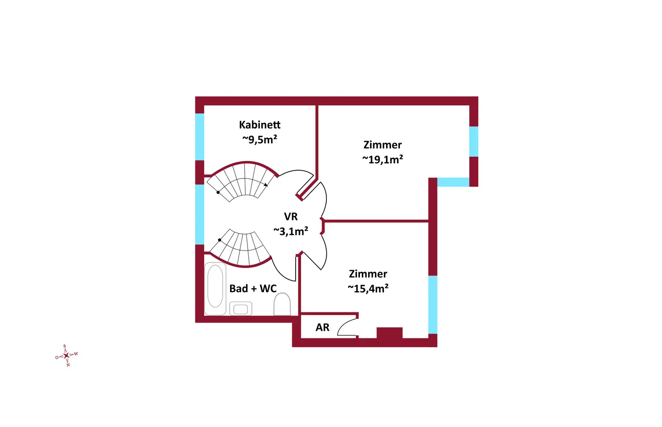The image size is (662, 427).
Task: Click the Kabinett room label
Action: pyautogui.click(x=259, y=125)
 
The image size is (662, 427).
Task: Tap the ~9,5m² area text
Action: pyautogui.click(x=259, y=139)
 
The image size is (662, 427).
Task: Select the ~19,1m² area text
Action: pyautogui.click(x=383, y=159)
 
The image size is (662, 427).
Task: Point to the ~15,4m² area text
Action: pyautogui.click(x=368, y=288)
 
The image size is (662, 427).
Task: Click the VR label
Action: pyautogui.click(x=290, y=217)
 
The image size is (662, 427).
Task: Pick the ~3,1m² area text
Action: pyautogui.click(x=290, y=231)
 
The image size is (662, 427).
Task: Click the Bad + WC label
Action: pyautogui.click(x=253, y=289)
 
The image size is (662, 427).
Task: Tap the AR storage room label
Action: pyautogui.click(x=322, y=327)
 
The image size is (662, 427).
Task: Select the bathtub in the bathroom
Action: pyautogui.click(x=215, y=289)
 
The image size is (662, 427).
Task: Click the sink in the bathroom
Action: pyautogui.click(x=240, y=309)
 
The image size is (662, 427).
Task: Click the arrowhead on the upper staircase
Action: pyautogui.click(x=266, y=185)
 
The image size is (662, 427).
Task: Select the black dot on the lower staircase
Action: pyautogui.click(x=220, y=240)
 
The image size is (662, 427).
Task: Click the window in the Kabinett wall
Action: pyautogui.click(x=200, y=137)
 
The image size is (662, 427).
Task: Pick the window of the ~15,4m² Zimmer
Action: pyautogui.click(x=433, y=304)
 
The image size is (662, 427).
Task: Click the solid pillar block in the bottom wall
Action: pyautogui.click(x=390, y=333)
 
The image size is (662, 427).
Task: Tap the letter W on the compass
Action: pyautogui.click(x=76, y=354)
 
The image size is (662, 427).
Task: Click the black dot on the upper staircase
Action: pyautogui.click(x=218, y=192)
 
